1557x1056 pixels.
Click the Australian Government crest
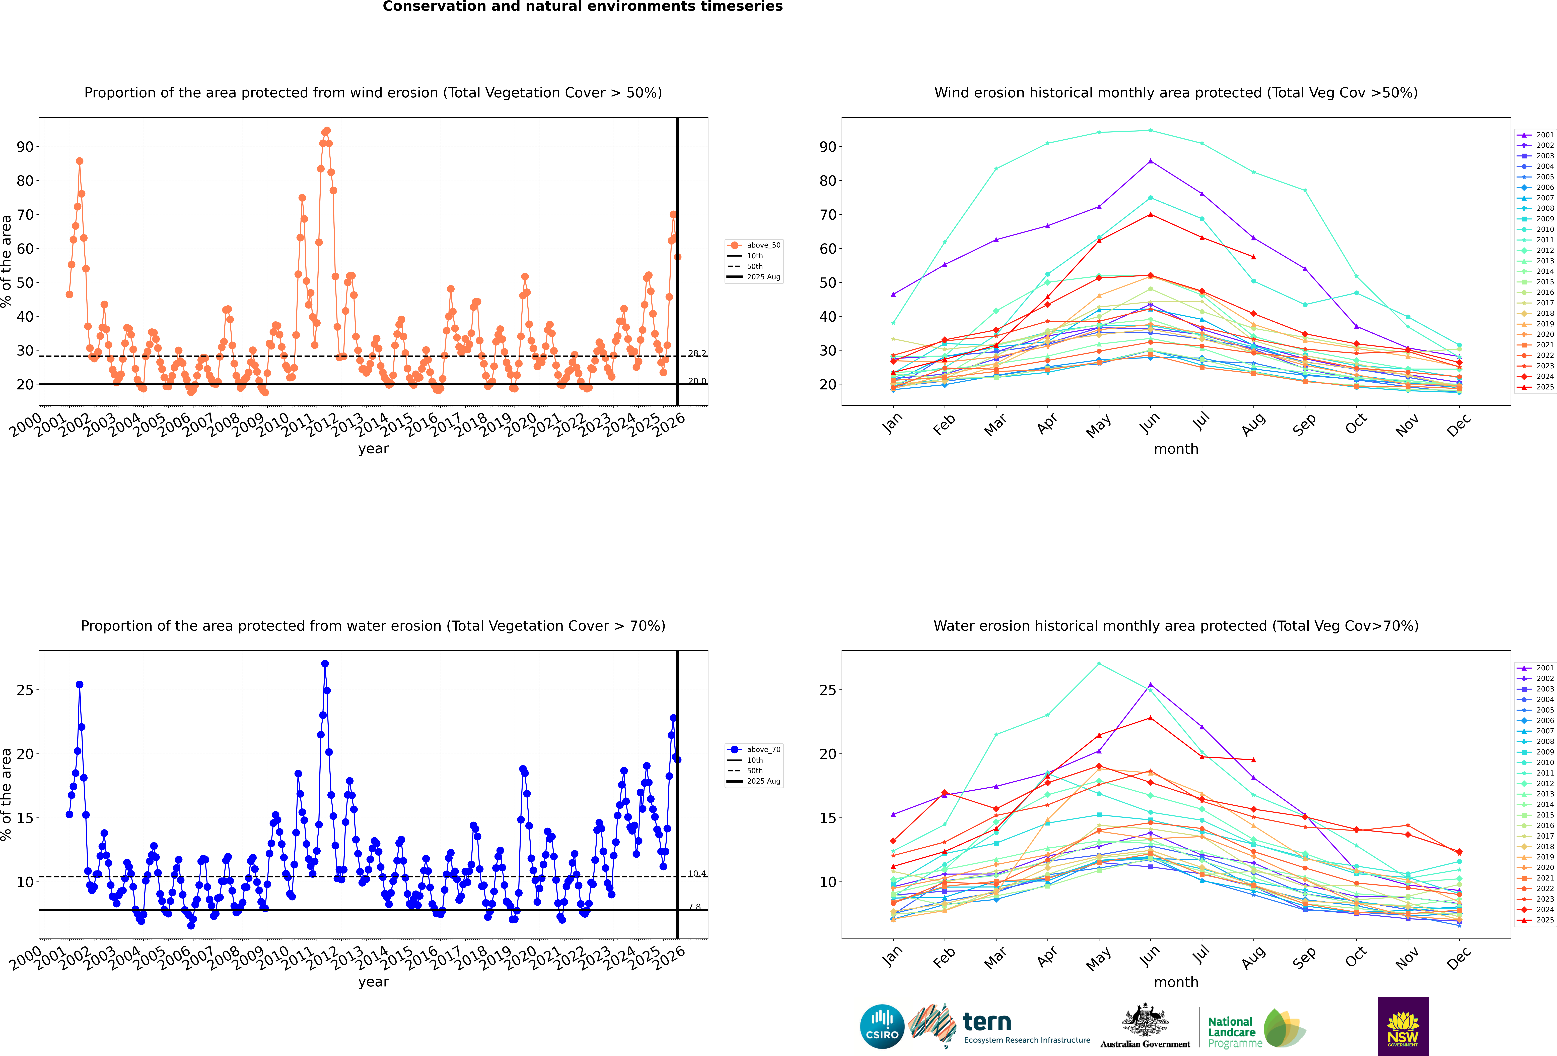pos(1145,1020)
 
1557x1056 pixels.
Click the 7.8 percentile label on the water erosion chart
pos(694,907)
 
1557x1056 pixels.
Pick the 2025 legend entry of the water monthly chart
pos(1544,920)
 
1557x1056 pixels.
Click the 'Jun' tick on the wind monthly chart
pos(1150,422)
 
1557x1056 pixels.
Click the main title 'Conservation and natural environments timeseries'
pos(582,7)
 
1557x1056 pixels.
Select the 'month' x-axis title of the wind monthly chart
pos(1176,449)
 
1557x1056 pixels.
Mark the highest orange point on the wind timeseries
pos(327,131)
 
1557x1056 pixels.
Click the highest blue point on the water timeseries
pos(325,664)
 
